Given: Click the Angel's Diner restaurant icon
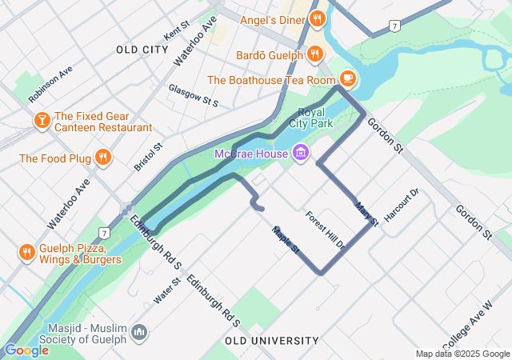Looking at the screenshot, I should pos(317,18).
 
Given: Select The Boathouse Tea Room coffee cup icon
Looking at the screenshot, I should pos(347,78).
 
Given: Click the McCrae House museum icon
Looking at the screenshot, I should pos(301,152).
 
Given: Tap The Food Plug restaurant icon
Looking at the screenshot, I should pos(102,158).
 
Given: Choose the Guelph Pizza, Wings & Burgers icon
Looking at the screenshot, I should pos(26,252).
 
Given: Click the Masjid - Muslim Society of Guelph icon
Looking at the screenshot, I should pos(139,331).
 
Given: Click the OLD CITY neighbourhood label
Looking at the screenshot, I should pos(142,50).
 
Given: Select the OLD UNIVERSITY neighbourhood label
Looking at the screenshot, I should pos(272,341).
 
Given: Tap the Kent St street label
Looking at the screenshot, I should pos(175,32).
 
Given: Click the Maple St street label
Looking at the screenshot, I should pos(285,240).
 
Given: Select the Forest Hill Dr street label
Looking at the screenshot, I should pos(325,230).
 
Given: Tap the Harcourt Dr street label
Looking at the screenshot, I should pos(402,206).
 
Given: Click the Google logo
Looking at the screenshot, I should pos(26,350).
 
